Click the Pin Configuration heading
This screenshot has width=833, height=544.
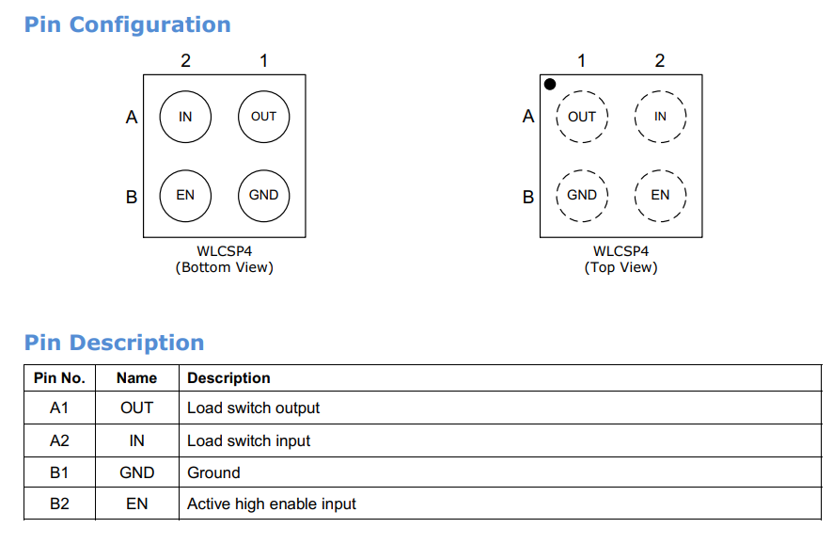pyautogui.click(x=128, y=25)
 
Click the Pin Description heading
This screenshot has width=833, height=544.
pyautogui.click(x=114, y=343)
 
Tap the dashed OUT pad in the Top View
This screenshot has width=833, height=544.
pyautogui.click(x=582, y=91)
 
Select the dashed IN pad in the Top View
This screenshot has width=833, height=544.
pyautogui.click(x=660, y=91)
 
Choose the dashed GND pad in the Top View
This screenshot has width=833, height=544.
pyautogui.click(x=582, y=170)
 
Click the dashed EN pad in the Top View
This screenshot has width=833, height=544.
pyautogui.click(x=660, y=170)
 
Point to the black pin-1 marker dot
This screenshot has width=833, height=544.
pyautogui.click(x=550, y=84)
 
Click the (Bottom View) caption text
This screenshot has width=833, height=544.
pyautogui.click(x=224, y=267)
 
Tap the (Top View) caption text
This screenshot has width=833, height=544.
pyautogui.click(x=621, y=267)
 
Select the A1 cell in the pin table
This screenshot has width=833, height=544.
pyautogui.click(x=59, y=408)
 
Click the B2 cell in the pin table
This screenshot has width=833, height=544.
pyautogui.click(x=59, y=504)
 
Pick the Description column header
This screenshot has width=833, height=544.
pyautogui.click(x=228, y=378)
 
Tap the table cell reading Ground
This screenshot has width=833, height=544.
pyautogui.click(x=213, y=472)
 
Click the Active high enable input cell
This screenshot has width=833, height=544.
pyautogui.click(x=272, y=504)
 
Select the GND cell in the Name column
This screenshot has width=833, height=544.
pyautogui.click(x=137, y=472)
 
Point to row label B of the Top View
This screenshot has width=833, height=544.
pyautogui.click(x=528, y=197)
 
